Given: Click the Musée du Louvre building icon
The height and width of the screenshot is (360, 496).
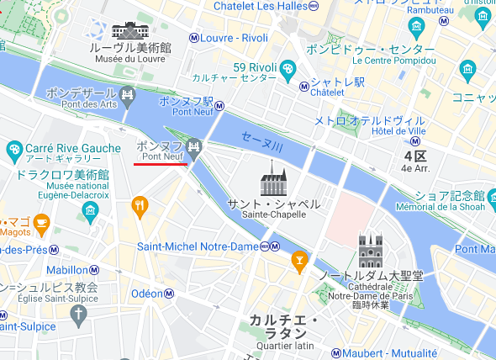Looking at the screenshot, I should tap(128, 31).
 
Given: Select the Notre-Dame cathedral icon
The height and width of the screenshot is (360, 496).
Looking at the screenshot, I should tap(371, 250).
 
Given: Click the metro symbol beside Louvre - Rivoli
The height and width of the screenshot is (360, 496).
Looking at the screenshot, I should tap(194, 37).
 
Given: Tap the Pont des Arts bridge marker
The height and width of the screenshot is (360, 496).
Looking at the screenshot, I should tap(128, 93).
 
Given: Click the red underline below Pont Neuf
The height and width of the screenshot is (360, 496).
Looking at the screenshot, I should tap(160, 165).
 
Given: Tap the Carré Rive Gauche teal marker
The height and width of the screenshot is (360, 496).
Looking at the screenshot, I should tap(13, 151).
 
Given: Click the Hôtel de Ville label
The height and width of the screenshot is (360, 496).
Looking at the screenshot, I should tap(395, 132).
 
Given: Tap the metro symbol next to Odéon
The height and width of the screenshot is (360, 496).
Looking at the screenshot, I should tap(168, 294).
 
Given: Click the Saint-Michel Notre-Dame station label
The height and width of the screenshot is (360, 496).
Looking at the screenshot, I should tap(198, 246).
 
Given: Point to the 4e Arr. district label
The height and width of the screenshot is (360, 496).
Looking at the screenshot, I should tap(417, 168).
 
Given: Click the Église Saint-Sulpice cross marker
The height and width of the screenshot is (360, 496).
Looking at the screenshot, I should tap(79, 315).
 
